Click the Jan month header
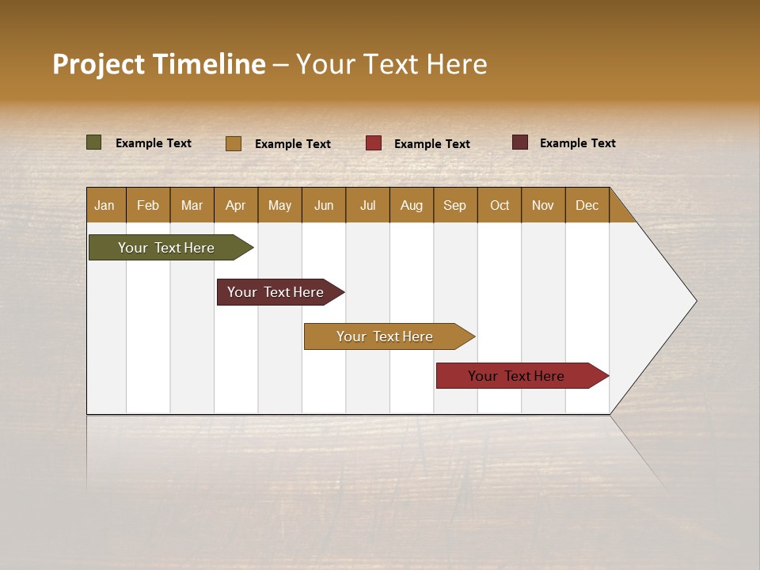coord(104,205)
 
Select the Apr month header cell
coord(235,205)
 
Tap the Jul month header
coord(367,205)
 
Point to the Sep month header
coord(454,205)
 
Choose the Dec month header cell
coord(587,205)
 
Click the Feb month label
coord(148,205)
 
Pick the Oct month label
coord(500,205)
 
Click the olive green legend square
coord(94,142)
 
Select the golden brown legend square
coord(234,143)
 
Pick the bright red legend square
coord(374,143)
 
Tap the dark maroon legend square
coord(520,142)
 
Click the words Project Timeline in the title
coord(159,64)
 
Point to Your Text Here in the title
coord(391,64)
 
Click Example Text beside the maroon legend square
coord(577,143)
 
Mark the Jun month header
coord(324,205)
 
